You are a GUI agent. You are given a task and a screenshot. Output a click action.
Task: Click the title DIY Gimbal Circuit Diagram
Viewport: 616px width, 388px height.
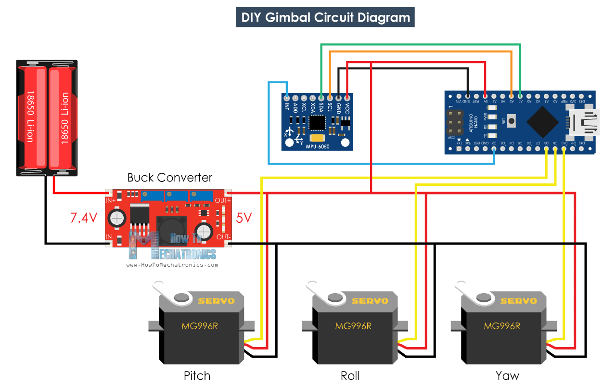click(x=325, y=18)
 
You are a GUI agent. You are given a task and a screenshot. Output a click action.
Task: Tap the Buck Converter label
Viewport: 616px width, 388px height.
click(x=169, y=178)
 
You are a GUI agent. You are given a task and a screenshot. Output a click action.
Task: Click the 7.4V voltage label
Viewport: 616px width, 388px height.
click(x=84, y=218)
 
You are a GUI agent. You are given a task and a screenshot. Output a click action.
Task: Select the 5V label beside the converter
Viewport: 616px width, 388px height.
click(x=244, y=218)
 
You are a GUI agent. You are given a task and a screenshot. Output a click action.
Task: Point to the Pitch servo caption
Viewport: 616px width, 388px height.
click(x=197, y=375)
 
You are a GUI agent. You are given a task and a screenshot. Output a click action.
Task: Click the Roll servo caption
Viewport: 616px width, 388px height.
click(x=350, y=375)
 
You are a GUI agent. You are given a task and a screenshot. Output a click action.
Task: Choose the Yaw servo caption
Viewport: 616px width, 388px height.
click(x=507, y=375)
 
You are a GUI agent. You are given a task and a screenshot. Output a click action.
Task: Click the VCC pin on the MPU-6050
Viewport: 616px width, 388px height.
click(x=347, y=98)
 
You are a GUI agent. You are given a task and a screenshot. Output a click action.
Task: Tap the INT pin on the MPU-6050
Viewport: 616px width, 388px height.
click(x=287, y=98)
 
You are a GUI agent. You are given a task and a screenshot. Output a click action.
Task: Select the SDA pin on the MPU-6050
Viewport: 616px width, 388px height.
click(x=321, y=98)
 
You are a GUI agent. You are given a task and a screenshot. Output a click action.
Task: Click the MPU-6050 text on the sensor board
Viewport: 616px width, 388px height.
click(x=318, y=145)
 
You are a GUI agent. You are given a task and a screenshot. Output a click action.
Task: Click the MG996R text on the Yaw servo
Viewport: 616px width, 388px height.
click(x=502, y=326)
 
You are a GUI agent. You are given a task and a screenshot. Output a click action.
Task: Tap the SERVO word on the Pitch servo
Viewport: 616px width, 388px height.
click(x=216, y=301)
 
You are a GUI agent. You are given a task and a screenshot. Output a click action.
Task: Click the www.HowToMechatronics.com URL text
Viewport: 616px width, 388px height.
click(x=172, y=265)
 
